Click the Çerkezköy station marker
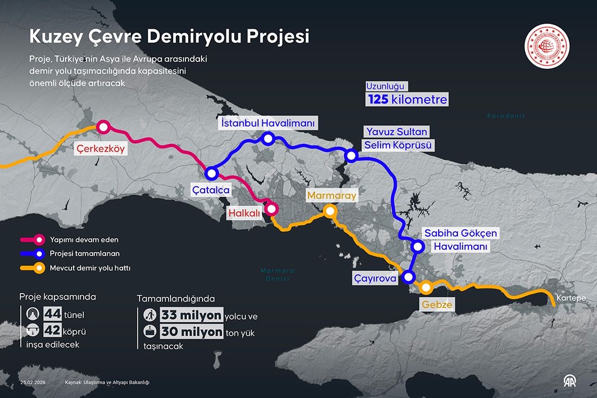coord(102,127)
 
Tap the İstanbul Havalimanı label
coord(268,123)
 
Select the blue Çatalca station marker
coord(212,173)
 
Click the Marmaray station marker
coord(330,211)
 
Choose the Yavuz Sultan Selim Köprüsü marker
coord(351,156)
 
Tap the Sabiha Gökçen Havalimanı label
coord(461,240)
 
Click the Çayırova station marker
coord(408,277)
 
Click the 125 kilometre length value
coord(406,99)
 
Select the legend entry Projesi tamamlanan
coord(84,254)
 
